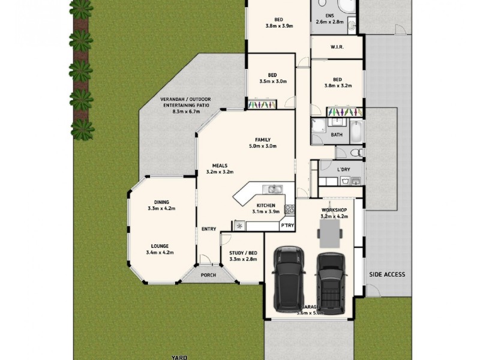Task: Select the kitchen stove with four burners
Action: (x=289, y=209)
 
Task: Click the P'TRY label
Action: (x=287, y=226)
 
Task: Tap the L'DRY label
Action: (x=344, y=170)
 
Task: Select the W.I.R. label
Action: (x=337, y=47)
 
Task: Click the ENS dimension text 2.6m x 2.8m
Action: (x=329, y=22)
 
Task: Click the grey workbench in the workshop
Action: (x=330, y=233)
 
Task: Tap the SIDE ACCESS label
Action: (x=387, y=275)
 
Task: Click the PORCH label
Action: (x=208, y=275)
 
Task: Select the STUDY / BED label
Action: (x=243, y=253)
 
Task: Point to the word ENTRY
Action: (x=209, y=229)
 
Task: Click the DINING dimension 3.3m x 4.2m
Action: (x=161, y=209)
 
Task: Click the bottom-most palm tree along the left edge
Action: (x=82, y=128)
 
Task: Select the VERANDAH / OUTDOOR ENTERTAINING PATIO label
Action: (x=185, y=105)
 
